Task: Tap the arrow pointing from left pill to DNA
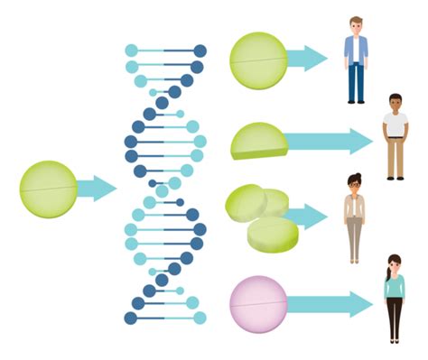pos(97,189)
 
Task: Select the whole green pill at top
pos(258,60)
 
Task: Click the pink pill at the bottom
pos(258,303)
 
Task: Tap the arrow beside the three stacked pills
pos(309,217)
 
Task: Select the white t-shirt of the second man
pos(395,125)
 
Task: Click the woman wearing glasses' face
pos(353,183)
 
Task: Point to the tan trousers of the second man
pos(395,158)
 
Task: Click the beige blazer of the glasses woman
pos(353,209)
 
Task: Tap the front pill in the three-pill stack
pos(272,235)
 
